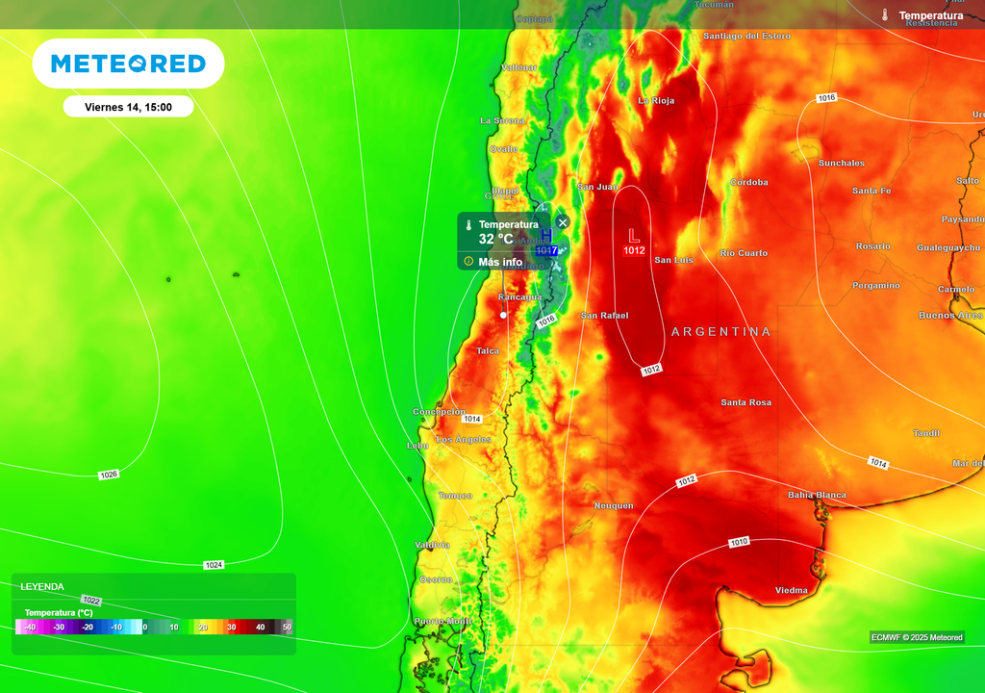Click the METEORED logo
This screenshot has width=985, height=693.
pyautogui.click(x=128, y=64)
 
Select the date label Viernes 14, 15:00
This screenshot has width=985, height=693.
pyautogui.click(x=128, y=107)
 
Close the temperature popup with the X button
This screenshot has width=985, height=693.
pyautogui.click(x=563, y=222)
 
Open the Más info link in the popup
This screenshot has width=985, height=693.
pyautogui.click(x=500, y=262)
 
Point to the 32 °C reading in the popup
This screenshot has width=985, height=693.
pyautogui.click(x=496, y=239)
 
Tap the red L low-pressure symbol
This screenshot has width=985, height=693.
pyautogui.click(x=633, y=235)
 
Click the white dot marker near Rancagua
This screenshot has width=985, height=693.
pyautogui.click(x=503, y=315)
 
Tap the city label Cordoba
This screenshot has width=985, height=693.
pyautogui.click(x=748, y=182)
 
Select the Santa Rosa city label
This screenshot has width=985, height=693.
pyautogui.click(x=745, y=402)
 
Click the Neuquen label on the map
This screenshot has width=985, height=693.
pyautogui.click(x=613, y=505)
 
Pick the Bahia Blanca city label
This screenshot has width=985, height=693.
pyautogui.click(x=817, y=495)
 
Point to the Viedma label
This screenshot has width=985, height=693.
pyautogui.click(x=792, y=590)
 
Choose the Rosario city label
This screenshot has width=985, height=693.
pyautogui.click(x=872, y=246)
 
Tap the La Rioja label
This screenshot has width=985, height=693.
pyautogui.click(x=656, y=100)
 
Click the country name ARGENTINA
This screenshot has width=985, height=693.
pyautogui.click(x=720, y=331)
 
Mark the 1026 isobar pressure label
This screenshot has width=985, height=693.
pyautogui.click(x=109, y=475)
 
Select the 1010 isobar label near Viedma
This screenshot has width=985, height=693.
pyautogui.click(x=739, y=542)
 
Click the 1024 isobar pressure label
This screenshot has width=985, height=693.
pyautogui.click(x=214, y=565)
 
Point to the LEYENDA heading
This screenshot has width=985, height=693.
pyautogui.click(x=42, y=586)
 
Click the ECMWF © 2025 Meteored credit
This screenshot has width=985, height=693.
pyautogui.click(x=917, y=637)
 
